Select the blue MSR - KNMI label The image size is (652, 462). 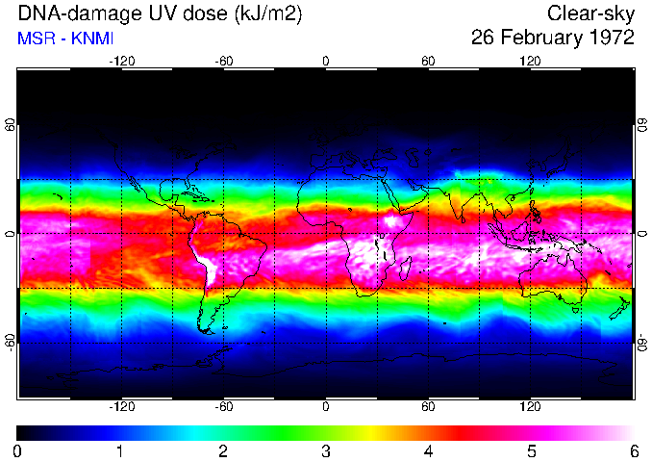pyautogui.click(x=61, y=39)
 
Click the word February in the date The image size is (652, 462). pyautogui.click(x=538, y=38)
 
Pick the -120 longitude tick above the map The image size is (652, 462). pyautogui.click(x=121, y=62)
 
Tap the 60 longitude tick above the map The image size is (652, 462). pyautogui.click(x=428, y=62)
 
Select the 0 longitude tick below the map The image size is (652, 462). pyautogui.click(x=326, y=406)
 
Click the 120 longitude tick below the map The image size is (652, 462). pyautogui.click(x=530, y=406)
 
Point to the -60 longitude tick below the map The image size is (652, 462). pyautogui.click(x=223, y=406)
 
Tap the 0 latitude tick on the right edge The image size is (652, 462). pyautogui.click(x=640, y=234)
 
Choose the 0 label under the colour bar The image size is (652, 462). pyautogui.click(x=17, y=450)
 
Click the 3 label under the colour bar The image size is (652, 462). pyautogui.click(x=325, y=450)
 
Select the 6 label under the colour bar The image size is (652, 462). pyautogui.click(x=633, y=450)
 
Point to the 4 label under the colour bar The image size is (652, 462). pyautogui.click(x=428, y=450)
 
